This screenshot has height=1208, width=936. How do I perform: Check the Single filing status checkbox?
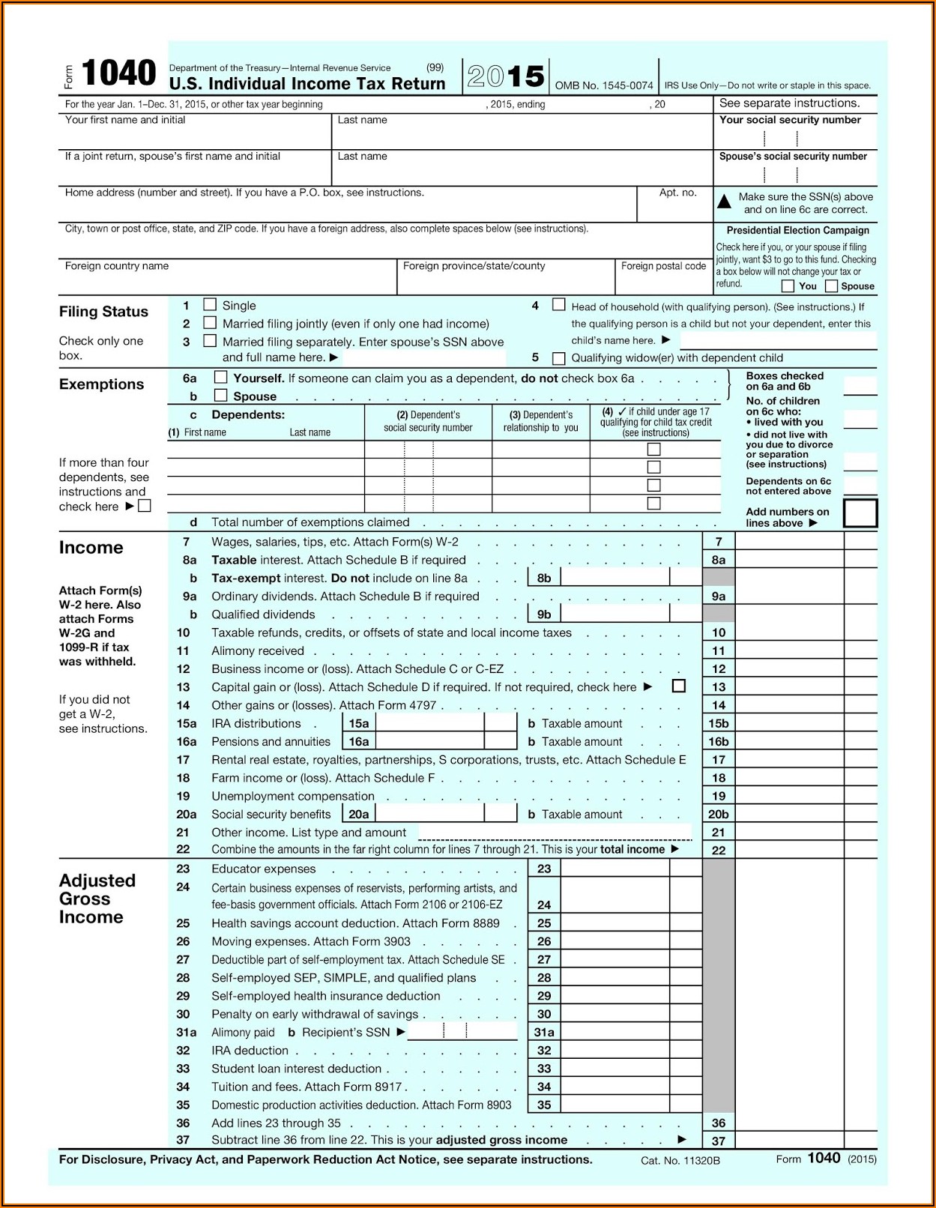click(211, 305)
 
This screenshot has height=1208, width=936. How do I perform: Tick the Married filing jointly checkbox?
click(211, 323)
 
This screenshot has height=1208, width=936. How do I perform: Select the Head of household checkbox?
click(559, 305)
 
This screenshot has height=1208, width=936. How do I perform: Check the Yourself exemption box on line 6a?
click(221, 378)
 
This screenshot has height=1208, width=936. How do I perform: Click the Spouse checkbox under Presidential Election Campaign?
click(831, 286)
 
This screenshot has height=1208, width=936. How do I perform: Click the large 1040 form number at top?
click(118, 74)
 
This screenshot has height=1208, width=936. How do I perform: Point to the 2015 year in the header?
click(506, 76)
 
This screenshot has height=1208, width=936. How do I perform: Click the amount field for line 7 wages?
click(788, 542)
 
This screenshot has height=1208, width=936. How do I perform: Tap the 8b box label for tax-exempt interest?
click(544, 578)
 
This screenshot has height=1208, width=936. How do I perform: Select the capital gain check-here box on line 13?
click(679, 686)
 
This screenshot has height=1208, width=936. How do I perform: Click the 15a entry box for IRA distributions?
click(429, 723)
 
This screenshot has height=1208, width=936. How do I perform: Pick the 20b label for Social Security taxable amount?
click(719, 815)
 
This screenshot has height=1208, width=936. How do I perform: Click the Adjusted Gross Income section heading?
click(97, 899)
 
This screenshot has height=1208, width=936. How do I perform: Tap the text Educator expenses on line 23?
click(264, 869)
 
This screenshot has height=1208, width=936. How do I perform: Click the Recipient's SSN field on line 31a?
click(462, 1032)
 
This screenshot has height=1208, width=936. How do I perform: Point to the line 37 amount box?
click(788, 1141)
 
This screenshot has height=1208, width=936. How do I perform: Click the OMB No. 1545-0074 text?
click(604, 86)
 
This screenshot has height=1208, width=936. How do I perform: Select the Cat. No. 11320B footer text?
click(680, 1161)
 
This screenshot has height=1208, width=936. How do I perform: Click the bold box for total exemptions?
click(860, 514)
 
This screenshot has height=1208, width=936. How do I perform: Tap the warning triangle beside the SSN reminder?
click(725, 202)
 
